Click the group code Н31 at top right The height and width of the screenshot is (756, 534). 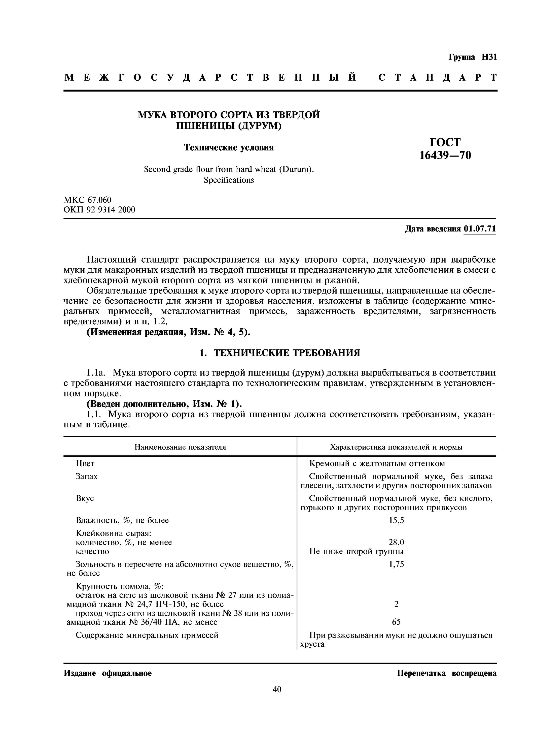click(489, 57)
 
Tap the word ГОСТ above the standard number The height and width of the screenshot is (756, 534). click(445, 142)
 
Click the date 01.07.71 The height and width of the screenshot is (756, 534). click(479, 229)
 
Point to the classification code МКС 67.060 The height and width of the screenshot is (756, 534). click(88, 200)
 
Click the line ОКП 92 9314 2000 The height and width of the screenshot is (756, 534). click(99, 210)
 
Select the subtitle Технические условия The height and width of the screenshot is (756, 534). click(229, 147)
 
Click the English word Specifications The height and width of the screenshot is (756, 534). click(229, 180)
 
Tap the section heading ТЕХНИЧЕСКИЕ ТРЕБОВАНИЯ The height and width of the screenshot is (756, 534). click(287, 353)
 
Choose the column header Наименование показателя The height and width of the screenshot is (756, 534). click(180, 447)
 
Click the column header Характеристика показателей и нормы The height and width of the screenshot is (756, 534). click(396, 447)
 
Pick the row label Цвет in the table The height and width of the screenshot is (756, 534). click(85, 464)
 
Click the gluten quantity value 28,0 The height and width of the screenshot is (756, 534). click(396, 542)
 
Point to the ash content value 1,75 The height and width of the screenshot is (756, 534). click(396, 564)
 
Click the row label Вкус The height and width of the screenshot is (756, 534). click(85, 498)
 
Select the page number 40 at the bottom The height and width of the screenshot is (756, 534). click(277, 689)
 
